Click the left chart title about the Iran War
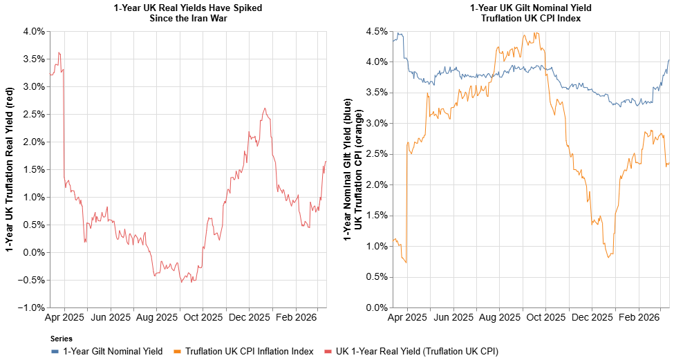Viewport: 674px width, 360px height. click(x=188, y=13)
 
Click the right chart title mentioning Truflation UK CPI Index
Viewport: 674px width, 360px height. click(x=530, y=13)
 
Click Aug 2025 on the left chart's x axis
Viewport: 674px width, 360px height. click(x=156, y=319)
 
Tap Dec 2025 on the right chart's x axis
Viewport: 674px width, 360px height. click(x=592, y=319)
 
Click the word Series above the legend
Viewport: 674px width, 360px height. click(x=62, y=339)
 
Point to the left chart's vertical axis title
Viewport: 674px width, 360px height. click(x=11, y=169)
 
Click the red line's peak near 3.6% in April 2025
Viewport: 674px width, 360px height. click(x=59, y=53)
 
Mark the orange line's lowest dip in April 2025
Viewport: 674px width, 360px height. click(x=406, y=263)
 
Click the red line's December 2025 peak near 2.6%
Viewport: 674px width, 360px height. click(x=264, y=108)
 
